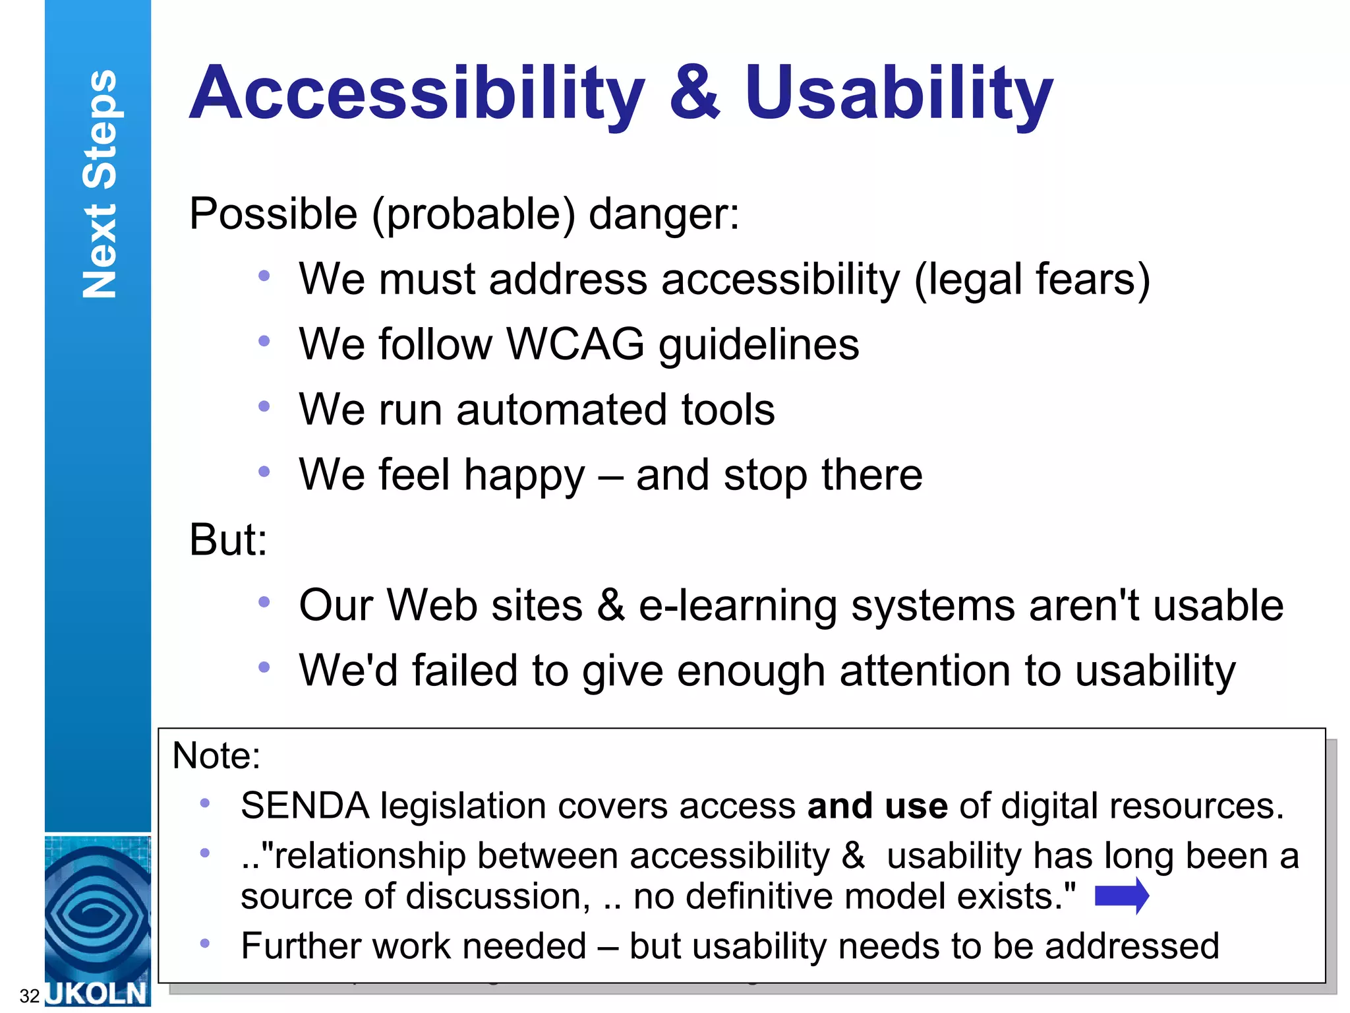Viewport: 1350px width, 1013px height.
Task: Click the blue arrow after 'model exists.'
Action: pos(1121,896)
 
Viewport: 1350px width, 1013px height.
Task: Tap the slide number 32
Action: pos(30,996)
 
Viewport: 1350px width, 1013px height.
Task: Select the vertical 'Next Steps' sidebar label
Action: pos(100,184)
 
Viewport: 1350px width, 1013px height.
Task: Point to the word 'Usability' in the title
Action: pos(898,94)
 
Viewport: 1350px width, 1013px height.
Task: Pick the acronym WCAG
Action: pos(575,344)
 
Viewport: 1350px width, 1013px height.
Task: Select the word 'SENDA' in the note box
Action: pos(305,806)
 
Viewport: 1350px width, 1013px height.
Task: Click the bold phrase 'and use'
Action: pos(877,806)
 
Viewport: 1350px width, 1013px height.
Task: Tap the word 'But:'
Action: pos(228,539)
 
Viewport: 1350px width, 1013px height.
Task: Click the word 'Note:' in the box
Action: pos(216,756)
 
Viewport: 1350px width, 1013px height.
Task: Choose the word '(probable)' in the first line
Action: pos(473,215)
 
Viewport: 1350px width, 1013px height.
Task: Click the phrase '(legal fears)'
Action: pos(1032,280)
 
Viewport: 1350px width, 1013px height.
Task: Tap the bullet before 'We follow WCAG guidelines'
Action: pos(264,342)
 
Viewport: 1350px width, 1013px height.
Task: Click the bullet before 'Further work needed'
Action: pos(205,944)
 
